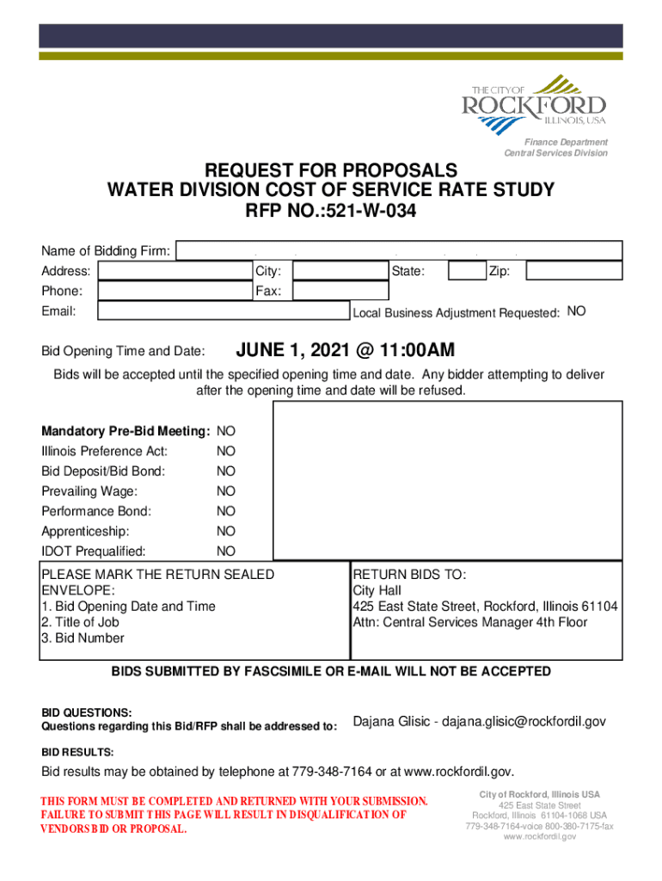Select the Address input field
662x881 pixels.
pyautogui.click(x=173, y=271)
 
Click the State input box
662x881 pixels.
pyautogui.click(x=467, y=271)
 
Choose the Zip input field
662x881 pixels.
pyautogui.click(x=573, y=271)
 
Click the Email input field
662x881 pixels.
pyautogui.click(x=223, y=311)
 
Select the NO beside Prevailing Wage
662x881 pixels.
pyautogui.click(x=226, y=491)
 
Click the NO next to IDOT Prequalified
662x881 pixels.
pyautogui.click(x=226, y=551)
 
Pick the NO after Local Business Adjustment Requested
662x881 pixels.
pyautogui.click(x=577, y=311)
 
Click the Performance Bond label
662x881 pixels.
pyautogui.click(x=96, y=511)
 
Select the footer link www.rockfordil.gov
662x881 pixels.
pyautogui.click(x=540, y=836)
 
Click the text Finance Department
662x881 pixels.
pyautogui.click(x=567, y=142)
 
